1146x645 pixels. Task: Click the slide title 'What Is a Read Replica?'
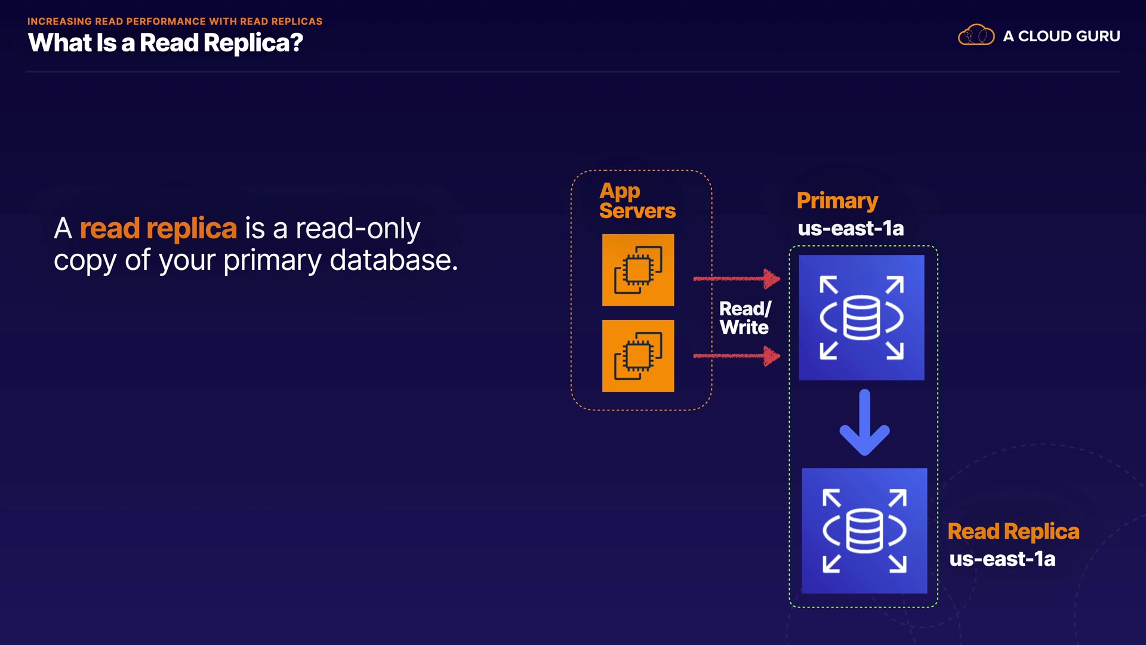(165, 43)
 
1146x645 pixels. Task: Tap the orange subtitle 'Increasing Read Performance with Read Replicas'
(174, 21)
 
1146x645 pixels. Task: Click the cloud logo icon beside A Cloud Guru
(976, 36)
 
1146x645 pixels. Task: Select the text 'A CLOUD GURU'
(1061, 36)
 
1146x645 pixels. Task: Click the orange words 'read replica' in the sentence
(158, 229)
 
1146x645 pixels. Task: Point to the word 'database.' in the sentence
(393, 260)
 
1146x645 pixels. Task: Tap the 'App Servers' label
(637, 201)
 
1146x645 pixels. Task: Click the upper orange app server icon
(638, 270)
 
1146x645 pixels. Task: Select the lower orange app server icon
(638, 356)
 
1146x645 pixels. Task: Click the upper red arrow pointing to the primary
(737, 278)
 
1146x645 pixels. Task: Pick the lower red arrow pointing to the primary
(737, 356)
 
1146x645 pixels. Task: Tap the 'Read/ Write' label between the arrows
(744, 318)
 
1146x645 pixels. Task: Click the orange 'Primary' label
(837, 201)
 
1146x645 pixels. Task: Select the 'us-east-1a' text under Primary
(851, 228)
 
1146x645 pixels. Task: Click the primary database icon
(861, 318)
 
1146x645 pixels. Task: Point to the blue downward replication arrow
(864, 423)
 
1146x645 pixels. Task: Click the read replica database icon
(864, 530)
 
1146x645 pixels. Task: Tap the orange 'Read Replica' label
(1013, 532)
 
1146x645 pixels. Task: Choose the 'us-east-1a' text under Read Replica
(1002, 559)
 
